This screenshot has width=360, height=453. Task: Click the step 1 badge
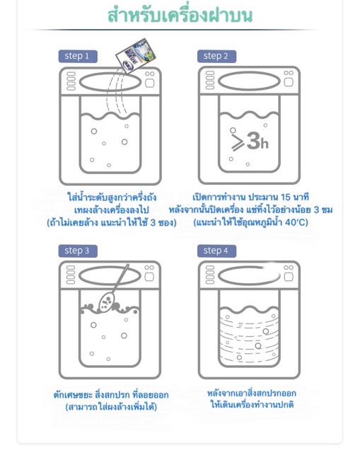point(78,56)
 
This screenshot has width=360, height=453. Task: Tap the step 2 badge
point(216,56)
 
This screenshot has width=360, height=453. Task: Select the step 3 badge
point(78,251)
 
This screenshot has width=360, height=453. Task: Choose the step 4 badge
point(216,251)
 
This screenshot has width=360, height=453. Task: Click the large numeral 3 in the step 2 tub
point(253,142)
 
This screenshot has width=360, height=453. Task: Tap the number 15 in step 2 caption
point(285,197)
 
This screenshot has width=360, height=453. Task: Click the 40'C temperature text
point(296,222)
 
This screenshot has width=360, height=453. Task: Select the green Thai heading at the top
point(180,16)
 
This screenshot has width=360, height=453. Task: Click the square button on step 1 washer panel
point(149,84)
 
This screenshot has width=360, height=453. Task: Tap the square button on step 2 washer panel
point(289,82)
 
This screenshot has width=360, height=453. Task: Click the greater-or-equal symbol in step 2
point(238,142)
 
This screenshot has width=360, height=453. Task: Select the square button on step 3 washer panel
point(149,277)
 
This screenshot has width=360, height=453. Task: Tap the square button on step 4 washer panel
point(289,277)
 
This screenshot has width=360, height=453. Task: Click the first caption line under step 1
point(112,197)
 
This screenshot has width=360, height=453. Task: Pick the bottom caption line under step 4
point(252,404)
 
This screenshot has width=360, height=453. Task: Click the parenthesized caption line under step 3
point(111,407)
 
